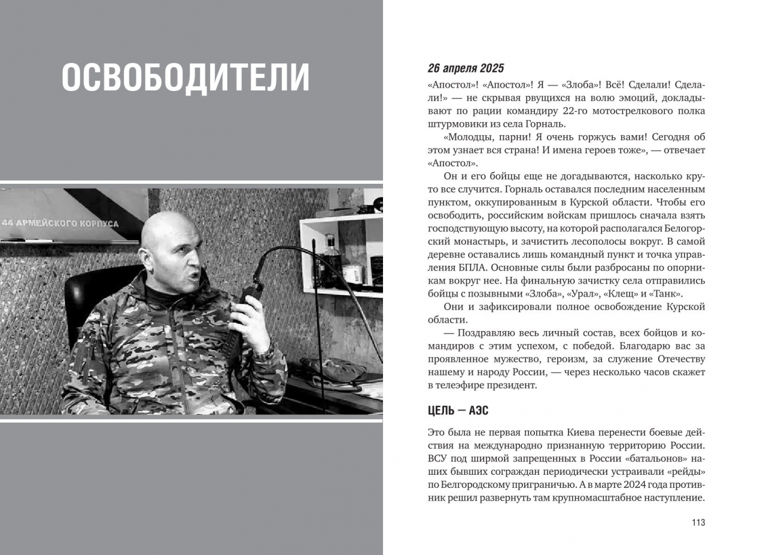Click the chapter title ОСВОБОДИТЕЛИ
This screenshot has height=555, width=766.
coord(186,77)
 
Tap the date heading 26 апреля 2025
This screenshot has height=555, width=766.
coord(466,68)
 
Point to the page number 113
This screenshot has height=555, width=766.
coord(698,523)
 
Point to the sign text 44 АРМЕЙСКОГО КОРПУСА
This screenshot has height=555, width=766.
coord(60,223)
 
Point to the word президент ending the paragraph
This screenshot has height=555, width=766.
coord(513,385)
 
